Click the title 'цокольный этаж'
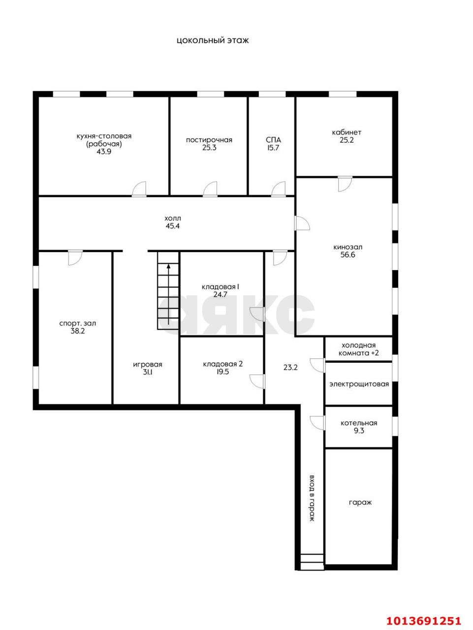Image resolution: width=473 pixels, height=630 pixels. (213, 41)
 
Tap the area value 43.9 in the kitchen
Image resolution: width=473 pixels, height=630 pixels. (104, 152)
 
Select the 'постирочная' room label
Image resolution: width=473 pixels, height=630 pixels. (209, 140)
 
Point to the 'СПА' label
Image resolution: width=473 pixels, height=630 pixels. (273, 140)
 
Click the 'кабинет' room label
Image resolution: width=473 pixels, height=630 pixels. (347, 132)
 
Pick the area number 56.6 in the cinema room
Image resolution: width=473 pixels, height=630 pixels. (347, 254)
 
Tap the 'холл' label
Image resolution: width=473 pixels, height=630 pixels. (173, 218)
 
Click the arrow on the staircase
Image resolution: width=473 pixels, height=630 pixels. (168, 294)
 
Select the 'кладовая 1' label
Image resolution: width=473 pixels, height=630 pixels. (221, 287)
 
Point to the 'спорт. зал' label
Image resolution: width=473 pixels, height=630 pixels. (77, 323)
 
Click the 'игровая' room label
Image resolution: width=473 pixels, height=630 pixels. (148, 365)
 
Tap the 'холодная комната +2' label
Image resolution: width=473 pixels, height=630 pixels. (358, 349)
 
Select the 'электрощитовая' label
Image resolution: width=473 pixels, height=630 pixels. (359, 384)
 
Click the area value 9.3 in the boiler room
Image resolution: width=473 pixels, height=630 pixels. (359, 431)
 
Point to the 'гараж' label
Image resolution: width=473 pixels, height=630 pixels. (360, 503)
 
